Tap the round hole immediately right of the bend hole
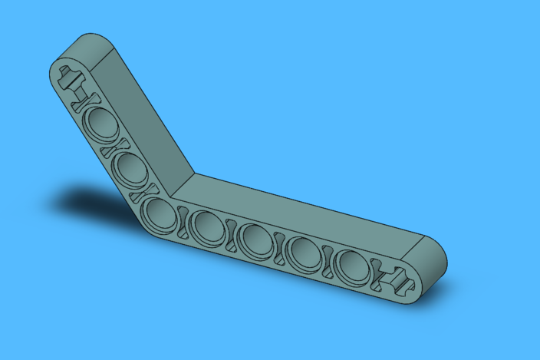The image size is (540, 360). pos(206,225)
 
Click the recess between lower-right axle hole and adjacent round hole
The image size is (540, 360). pos(377,273)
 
